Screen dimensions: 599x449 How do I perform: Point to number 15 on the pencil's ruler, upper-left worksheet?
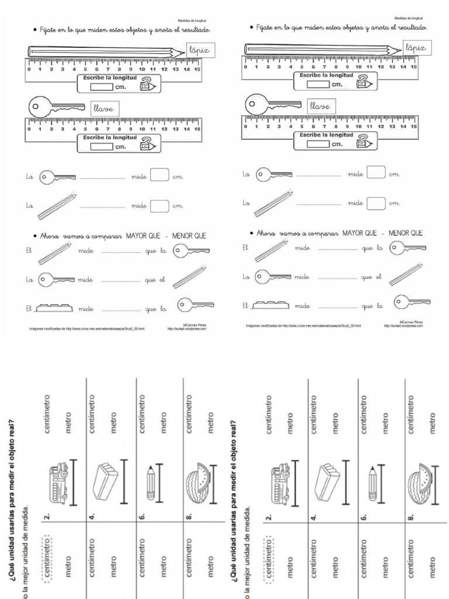197,70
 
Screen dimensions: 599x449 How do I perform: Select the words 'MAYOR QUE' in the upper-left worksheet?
145,236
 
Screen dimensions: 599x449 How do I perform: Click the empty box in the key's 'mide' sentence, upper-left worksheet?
159,175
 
